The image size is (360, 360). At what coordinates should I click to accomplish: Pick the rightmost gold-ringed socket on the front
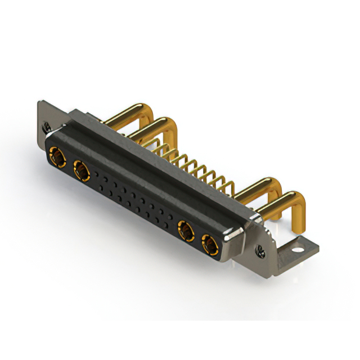[209, 244]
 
